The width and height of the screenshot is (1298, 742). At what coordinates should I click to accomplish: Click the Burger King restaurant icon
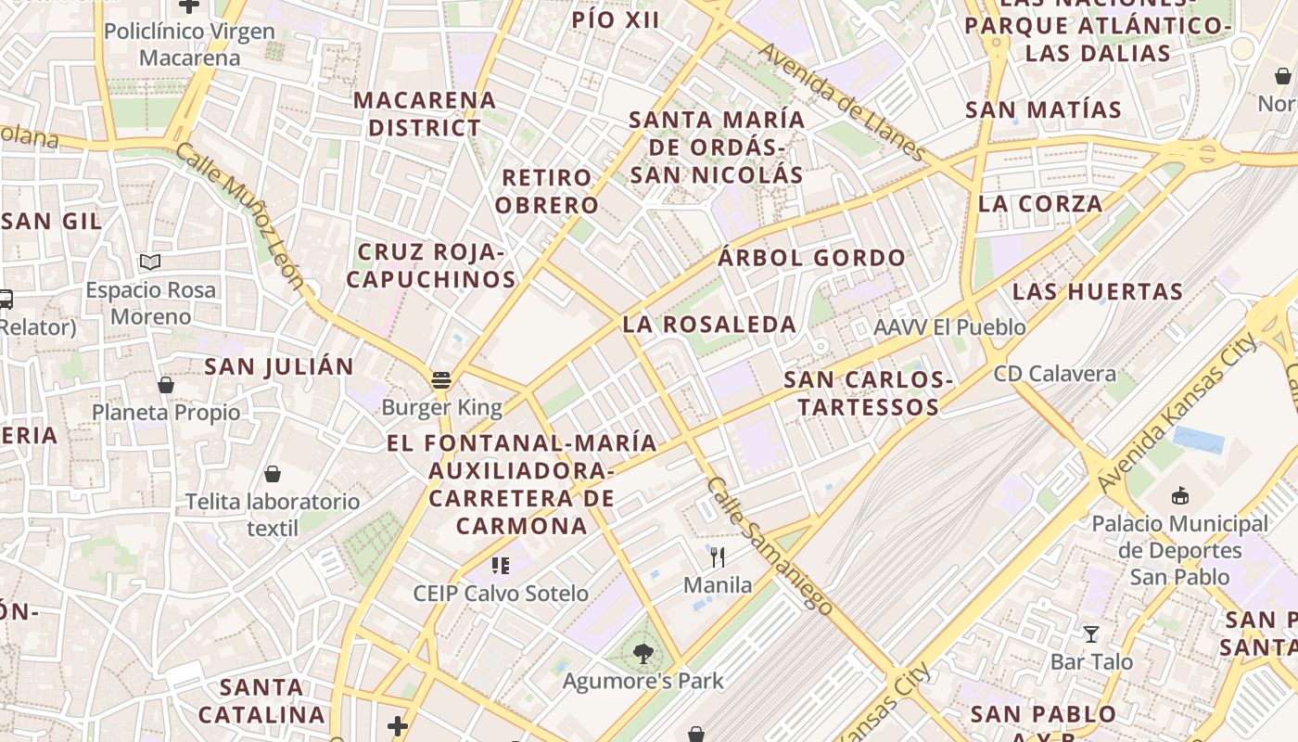[441, 379]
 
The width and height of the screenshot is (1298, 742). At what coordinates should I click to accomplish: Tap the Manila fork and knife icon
[717, 556]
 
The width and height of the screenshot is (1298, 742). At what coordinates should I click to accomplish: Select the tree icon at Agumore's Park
[643, 654]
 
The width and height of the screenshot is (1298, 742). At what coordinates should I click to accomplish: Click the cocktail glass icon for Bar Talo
[1091, 634]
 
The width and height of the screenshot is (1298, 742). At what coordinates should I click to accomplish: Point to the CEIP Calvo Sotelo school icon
[501, 565]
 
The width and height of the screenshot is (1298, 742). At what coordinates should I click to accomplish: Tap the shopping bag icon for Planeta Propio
[166, 384]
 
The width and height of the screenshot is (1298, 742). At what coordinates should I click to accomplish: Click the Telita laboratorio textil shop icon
[273, 475]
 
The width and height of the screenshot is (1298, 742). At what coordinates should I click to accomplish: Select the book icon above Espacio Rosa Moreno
[150, 262]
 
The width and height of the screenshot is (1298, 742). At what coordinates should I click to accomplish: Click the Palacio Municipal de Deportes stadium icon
[1179, 496]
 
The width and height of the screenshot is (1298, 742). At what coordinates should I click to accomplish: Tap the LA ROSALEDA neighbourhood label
[709, 325]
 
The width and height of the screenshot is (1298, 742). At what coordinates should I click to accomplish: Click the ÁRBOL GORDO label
[811, 259]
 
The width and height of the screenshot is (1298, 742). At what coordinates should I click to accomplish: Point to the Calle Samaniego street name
[769, 544]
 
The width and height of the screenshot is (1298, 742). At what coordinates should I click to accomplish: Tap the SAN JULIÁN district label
[279, 366]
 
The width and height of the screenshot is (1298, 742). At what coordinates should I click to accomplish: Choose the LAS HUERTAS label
[1098, 291]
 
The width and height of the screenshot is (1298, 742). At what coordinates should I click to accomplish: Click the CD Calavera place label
[1054, 374]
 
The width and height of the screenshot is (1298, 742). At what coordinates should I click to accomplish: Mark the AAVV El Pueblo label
[949, 327]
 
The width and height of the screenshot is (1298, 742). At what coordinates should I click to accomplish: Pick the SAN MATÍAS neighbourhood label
[1043, 109]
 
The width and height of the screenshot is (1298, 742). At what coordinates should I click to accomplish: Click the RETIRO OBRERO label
[547, 191]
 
